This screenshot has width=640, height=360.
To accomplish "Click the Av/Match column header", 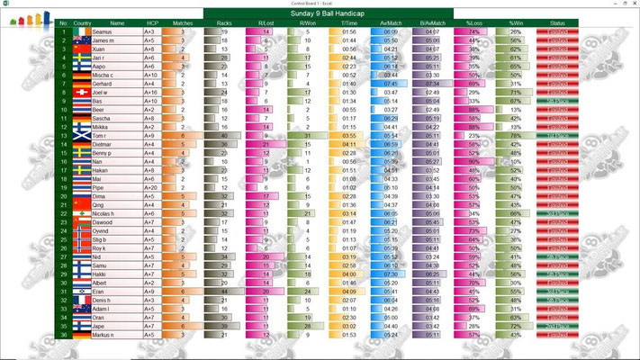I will [x=390, y=23].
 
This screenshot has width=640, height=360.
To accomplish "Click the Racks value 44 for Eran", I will [x=223, y=292].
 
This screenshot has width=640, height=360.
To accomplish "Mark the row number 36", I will [x=63, y=336].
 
